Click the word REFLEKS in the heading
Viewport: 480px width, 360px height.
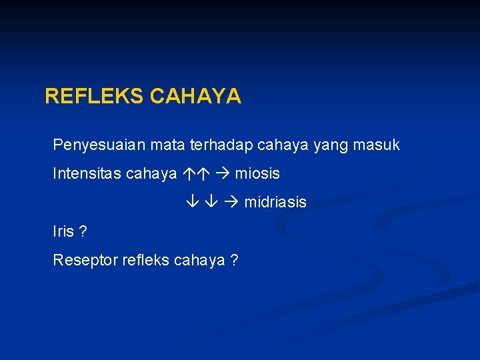(94, 97)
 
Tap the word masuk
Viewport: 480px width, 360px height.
(376, 145)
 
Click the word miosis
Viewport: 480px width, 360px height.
(257, 174)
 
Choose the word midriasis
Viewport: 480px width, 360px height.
(275, 202)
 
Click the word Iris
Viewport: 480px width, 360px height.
(64, 231)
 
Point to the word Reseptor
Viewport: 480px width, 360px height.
(85, 260)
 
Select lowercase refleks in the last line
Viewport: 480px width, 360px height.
(145, 260)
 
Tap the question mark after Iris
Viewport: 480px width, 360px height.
(83, 231)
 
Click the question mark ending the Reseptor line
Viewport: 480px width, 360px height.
(234, 260)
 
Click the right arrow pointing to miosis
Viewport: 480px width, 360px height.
(223, 174)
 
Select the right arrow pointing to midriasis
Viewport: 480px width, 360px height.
(233, 202)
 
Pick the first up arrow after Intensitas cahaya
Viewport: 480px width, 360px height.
(188, 174)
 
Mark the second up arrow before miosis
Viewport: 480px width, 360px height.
(204, 174)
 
